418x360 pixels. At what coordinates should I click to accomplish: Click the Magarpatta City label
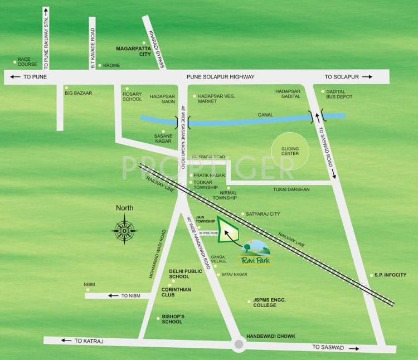[x=133, y=51]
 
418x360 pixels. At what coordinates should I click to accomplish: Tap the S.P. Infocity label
[x=390, y=275]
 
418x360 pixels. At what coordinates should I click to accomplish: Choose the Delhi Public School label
[x=187, y=274]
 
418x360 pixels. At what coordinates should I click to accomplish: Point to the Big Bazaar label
[x=79, y=93]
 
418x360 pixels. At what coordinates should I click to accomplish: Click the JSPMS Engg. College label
[x=270, y=303]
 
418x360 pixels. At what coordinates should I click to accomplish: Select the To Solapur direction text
[x=342, y=77]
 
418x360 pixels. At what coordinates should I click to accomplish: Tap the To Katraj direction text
[x=86, y=340]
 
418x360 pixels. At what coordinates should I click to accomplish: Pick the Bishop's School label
[x=173, y=319]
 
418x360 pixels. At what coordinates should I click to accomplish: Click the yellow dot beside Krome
[x=99, y=66]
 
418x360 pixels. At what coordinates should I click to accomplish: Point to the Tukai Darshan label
[x=291, y=189]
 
